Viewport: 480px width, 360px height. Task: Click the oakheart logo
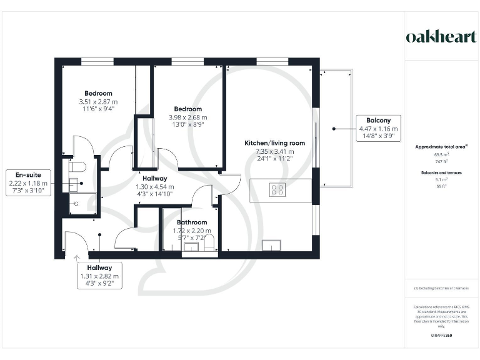pyautogui.click(x=441, y=37)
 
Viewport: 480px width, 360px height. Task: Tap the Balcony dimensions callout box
pyautogui.click(x=377, y=128)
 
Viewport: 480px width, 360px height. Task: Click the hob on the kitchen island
pyautogui.click(x=277, y=189)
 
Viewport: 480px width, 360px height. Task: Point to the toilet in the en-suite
pyautogui.click(x=77, y=167)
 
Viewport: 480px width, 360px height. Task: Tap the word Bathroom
pyautogui.click(x=191, y=222)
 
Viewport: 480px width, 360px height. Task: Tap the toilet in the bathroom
pyautogui.click(x=210, y=242)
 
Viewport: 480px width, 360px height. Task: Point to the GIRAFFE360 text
pyautogui.click(x=441, y=336)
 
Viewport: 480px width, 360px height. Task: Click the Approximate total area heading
pyautogui.click(x=441, y=147)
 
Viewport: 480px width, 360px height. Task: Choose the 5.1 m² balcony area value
pyautogui.click(x=441, y=178)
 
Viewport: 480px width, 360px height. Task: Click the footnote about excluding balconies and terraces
pyautogui.click(x=441, y=287)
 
